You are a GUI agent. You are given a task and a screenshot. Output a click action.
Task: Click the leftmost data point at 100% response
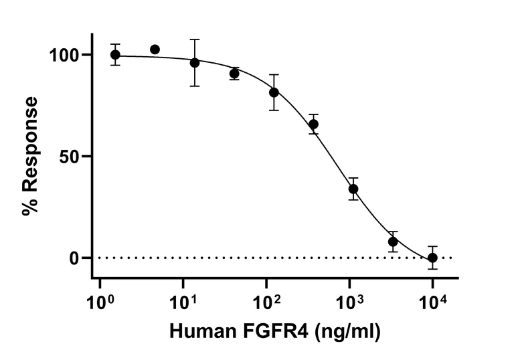(x=115, y=55)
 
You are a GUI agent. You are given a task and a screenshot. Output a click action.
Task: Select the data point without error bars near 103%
(x=155, y=50)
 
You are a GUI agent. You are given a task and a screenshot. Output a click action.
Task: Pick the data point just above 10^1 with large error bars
(x=195, y=62)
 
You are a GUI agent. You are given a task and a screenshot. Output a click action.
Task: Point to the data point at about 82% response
(x=274, y=92)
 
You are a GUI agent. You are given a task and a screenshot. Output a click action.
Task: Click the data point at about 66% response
(x=313, y=124)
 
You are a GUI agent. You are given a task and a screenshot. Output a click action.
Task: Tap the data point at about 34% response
(x=353, y=189)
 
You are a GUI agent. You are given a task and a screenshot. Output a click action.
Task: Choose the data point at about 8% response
(x=393, y=242)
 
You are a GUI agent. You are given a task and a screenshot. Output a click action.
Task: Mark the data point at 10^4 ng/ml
(x=432, y=258)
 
